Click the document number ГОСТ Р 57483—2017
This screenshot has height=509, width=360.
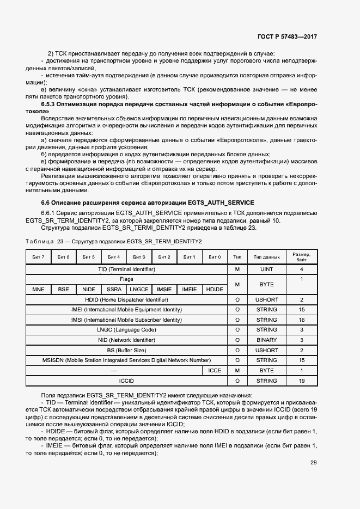pyautogui.click(x=287, y=36)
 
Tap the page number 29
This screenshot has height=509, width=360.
pyautogui.click(x=314, y=463)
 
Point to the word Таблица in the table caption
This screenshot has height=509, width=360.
pyautogui.click(x=40, y=241)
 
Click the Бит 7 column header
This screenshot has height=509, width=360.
pyautogui.click(x=38, y=257)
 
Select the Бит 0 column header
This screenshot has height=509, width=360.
pyautogui.click(x=215, y=257)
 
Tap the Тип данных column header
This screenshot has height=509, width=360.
pyautogui.click(x=266, y=257)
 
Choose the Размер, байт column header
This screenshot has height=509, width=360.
pyautogui.click(x=301, y=257)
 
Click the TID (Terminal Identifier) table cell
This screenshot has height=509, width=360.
pyautogui.click(x=126, y=269)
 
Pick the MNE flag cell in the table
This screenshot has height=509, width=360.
pyautogui.click(x=38, y=290)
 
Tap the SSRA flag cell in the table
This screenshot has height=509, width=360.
pyautogui.click(x=114, y=290)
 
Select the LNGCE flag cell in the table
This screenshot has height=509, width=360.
pyautogui.click(x=139, y=290)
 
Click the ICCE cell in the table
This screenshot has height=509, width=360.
pyautogui.click(x=215, y=370)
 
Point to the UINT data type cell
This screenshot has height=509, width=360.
pyautogui.click(x=266, y=269)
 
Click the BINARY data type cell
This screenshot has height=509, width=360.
pyautogui.click(x=266, y=340)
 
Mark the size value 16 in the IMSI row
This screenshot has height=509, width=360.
pyautogui.click(x=301, y=320)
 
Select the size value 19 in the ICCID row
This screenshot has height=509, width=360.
pyautogui.click(x=301, y=381)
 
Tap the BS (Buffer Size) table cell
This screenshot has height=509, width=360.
pyautogui.click(x=126, y=350)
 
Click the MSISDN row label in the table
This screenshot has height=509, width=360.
pyautogui.click(x=126, y=360)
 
